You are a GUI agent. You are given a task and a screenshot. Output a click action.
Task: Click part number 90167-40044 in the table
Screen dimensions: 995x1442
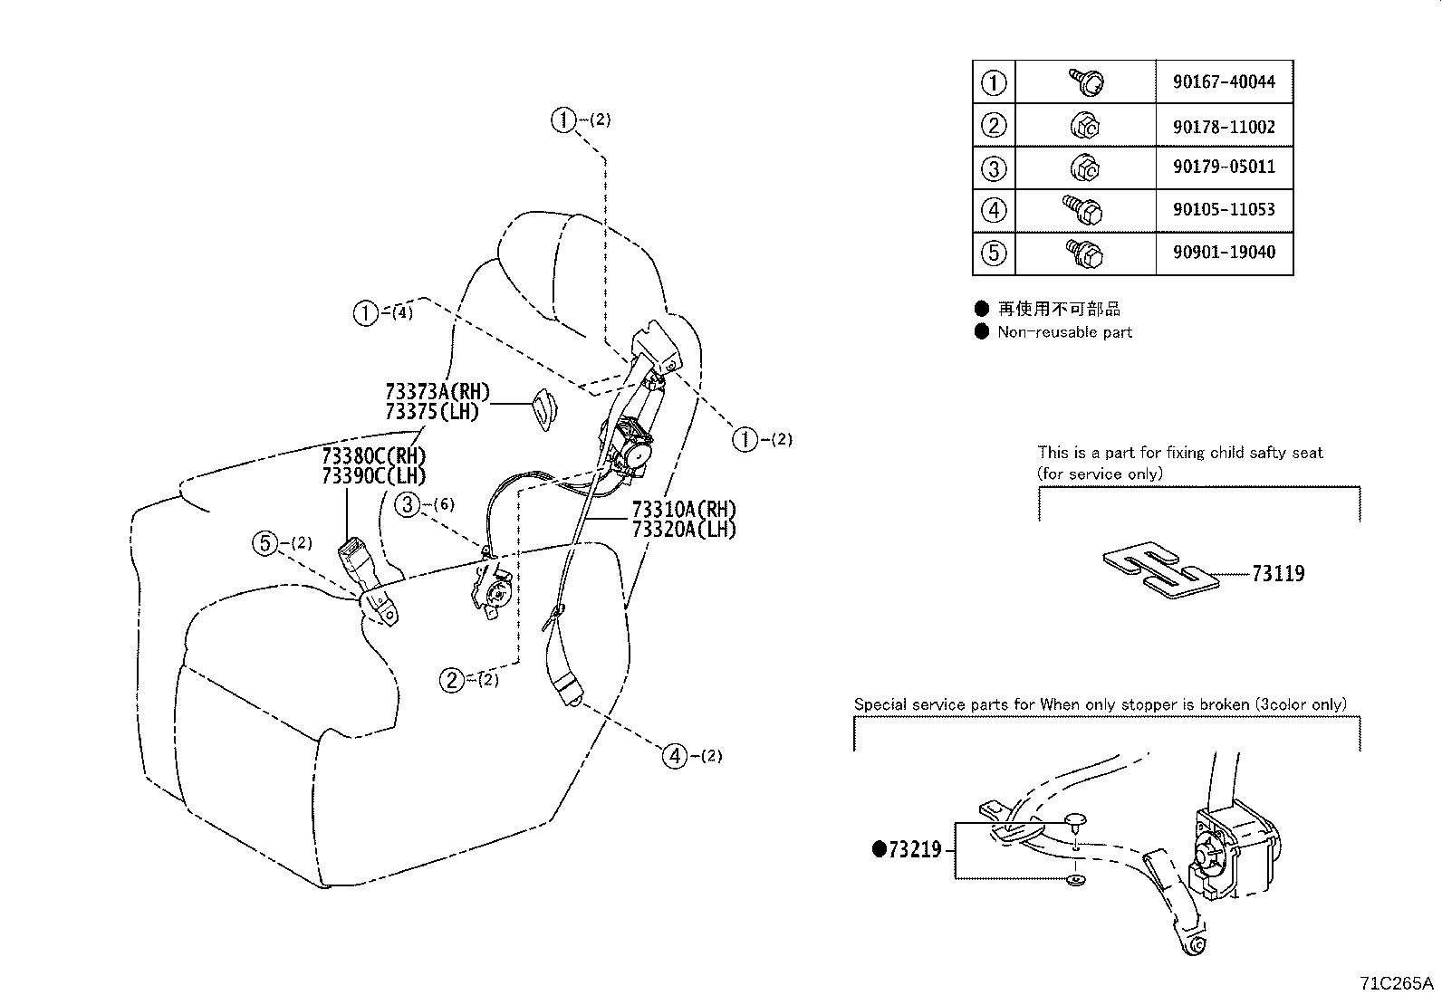click(x=1224, y=81)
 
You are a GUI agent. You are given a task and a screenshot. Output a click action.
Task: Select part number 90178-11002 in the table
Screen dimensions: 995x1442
click(x=1224, y=127)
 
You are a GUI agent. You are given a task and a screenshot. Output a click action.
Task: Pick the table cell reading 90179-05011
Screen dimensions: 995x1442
click(x=1224, y=167)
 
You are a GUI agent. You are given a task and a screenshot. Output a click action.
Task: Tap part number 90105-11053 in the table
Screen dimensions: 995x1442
click(x=1224, y=209)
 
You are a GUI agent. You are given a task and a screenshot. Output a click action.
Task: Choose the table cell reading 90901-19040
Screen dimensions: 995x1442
click(x=1224, y=252)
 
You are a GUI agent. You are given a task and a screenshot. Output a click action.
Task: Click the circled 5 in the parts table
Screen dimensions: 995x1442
click(x=994, y=253)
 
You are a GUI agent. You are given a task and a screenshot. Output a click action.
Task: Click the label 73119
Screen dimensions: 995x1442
click(x=1278, y=573)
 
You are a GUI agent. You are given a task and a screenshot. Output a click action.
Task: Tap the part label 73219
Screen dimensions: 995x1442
click(x=915, y=849)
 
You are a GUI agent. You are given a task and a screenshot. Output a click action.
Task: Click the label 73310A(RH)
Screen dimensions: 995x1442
click(x=684, y=509)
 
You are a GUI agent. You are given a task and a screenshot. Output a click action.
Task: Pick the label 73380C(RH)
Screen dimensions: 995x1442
click(x=373, y=455)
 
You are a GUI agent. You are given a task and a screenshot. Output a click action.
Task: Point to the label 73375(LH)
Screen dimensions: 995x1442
click(x=431, y=412)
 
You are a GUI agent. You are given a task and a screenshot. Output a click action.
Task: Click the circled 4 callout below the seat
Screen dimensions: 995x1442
click(x=675, y=754)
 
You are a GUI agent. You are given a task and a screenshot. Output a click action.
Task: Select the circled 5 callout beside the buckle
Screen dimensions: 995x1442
click(x=264, y=543)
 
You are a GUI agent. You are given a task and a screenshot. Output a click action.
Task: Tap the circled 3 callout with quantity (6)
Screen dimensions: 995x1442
click(x=409, y=504)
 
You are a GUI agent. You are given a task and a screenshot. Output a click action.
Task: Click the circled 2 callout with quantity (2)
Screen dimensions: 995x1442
click(x=452, y=679)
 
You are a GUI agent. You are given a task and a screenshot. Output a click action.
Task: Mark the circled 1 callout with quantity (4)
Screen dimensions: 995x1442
click(x=365, y=313)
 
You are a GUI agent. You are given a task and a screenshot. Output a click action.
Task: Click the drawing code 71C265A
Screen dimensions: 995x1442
click(x=1396, y=983)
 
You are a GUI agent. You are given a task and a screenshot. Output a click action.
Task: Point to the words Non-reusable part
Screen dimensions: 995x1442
click(x=1064, y=332)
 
